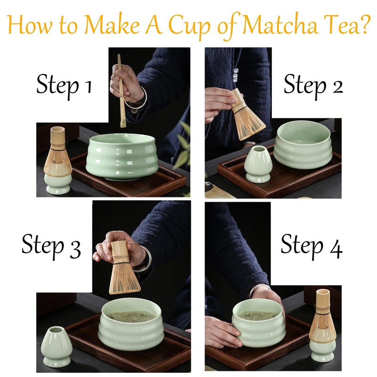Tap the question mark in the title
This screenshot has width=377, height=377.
click(363, 25)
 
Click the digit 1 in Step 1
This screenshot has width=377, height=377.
click(89, 87)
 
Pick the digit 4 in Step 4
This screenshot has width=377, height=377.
click(336, 249)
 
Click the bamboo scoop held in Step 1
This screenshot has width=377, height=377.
click(121, 90)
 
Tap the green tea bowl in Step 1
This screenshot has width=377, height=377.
click(122, 156)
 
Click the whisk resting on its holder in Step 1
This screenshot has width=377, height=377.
click(57, 152)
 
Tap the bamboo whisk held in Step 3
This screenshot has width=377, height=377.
click(123, 267)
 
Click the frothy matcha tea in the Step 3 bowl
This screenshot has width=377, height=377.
click(131, 316)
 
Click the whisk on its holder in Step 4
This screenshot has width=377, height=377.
click(323, 314)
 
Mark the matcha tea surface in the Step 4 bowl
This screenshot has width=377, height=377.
click(258, 315)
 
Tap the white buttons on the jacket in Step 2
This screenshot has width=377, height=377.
click(236, 74)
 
